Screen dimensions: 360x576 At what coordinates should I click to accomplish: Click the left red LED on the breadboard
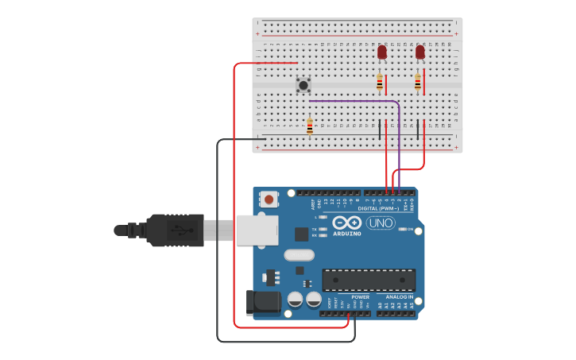382,52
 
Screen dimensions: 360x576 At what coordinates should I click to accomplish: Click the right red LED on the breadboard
420,52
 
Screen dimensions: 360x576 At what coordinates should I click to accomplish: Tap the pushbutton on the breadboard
303,84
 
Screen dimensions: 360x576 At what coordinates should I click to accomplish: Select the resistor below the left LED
380,82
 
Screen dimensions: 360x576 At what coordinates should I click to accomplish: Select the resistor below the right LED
418,82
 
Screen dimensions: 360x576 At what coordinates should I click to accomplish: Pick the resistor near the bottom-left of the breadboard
310,126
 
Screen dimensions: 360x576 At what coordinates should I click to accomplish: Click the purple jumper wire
354,101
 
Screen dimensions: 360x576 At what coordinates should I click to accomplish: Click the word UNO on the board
381,223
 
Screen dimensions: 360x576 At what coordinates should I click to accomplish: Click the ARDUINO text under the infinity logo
347,234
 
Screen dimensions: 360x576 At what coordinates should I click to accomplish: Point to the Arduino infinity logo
347,223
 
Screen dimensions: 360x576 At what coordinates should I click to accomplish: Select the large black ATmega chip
369,280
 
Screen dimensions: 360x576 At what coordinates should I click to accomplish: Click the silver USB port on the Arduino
257,230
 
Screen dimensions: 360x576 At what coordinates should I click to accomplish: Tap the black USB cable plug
175,230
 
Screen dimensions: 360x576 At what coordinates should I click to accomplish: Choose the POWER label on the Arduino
360,297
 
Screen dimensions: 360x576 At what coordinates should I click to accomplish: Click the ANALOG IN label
400,297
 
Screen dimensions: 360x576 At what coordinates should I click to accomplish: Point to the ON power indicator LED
403,229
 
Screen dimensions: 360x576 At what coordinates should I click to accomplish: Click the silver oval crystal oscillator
300,255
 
